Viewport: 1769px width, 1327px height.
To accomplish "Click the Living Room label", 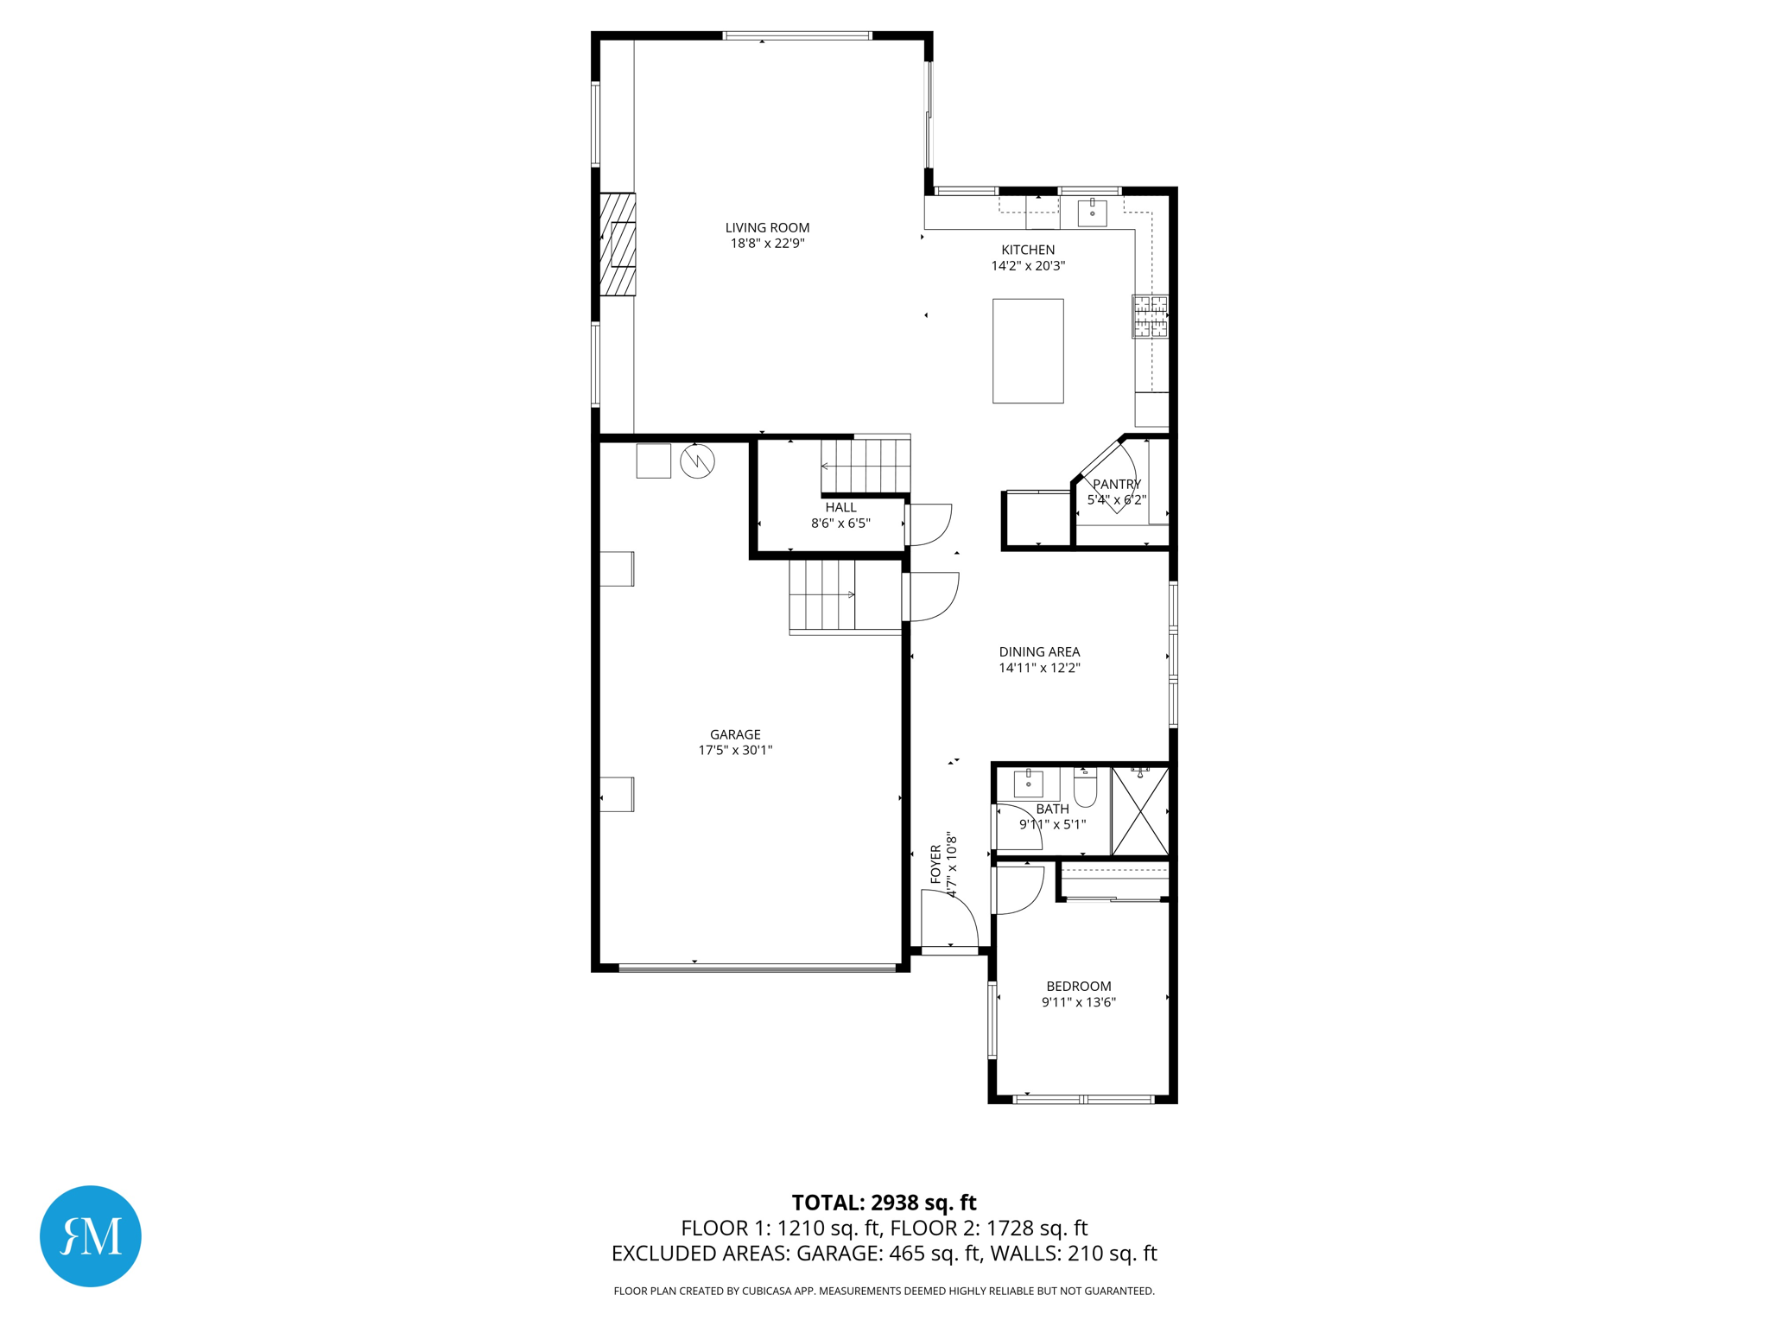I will [x=767, y=228].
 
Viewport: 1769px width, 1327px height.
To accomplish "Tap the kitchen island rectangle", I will [x=1027, y=351].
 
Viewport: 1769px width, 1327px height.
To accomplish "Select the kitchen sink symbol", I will [x=1092, y=212].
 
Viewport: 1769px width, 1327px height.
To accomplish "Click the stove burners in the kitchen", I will [x=1150, y=316].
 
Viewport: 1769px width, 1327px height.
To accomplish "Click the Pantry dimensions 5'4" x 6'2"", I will [x=1116, y=500].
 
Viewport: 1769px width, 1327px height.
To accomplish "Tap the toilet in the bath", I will [x=1085, y=788].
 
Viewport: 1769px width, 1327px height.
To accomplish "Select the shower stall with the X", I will [x=1139, y=811].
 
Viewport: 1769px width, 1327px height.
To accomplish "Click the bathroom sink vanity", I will [x=1028, y=784].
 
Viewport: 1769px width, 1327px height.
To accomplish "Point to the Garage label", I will [x=735, y=734].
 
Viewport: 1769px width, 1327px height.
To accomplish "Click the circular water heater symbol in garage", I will [x=697, y=461].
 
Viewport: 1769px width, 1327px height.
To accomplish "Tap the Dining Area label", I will [x=1039, y=652].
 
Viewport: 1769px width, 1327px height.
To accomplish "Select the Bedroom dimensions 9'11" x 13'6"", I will [x=1078, y=1002].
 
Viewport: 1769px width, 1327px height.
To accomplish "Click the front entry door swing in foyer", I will [x=950, y=922].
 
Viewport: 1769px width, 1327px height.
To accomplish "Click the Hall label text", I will [x=840, y=508].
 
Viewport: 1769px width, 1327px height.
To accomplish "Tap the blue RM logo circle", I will [x=91, y=1235].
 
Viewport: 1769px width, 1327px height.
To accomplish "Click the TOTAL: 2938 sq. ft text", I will [x=884, y=1203].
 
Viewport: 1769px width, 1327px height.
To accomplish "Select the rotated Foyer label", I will [x=935, y=864].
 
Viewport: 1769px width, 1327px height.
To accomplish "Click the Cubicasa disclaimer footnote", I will [x=884, y=1291].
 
